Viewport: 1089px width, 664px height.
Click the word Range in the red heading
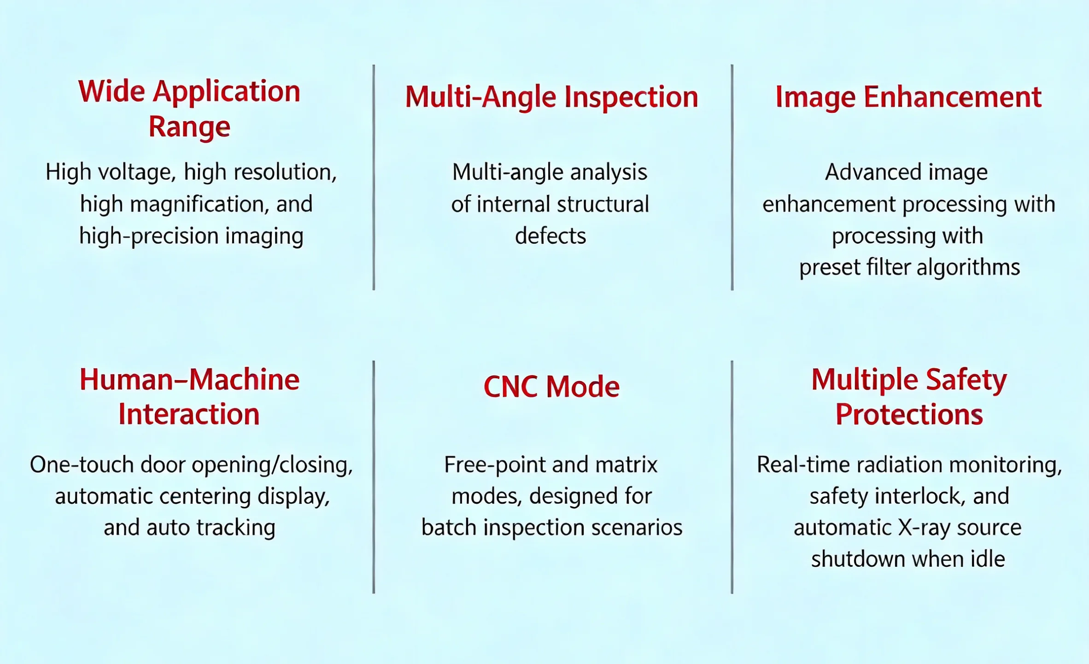(x=189, y=127)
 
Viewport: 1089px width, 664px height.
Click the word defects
(x=550, y=236)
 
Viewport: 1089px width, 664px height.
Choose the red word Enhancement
(x=953, y=97)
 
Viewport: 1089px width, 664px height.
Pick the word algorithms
(x=968, y=268)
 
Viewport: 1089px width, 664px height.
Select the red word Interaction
(x=189, y=414)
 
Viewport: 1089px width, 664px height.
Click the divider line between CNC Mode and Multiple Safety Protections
(x=732, y=477)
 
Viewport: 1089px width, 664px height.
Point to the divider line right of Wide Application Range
(x=374, y=177)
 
